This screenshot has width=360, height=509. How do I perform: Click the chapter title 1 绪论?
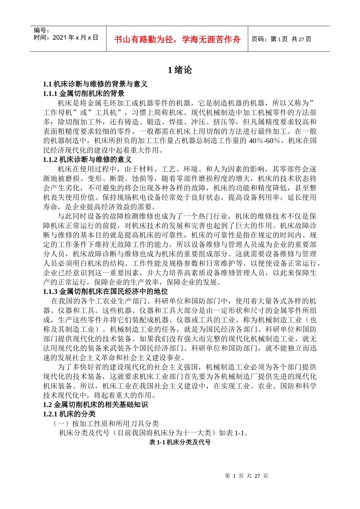tap(180, 70)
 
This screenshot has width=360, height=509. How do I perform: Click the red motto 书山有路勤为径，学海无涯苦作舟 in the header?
tap(177, 39)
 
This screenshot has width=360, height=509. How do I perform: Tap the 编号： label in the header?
tap(42, 30)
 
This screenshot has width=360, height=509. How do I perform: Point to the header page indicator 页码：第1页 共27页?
tap(281, 39)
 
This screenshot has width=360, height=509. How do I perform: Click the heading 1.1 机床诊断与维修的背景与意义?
tap(95, 84)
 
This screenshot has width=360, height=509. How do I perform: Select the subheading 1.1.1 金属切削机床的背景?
tap(83, 94)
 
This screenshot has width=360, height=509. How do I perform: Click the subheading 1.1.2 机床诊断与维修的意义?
tap(87, 159)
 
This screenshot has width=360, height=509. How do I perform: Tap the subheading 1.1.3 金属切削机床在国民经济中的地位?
tap(105, 292)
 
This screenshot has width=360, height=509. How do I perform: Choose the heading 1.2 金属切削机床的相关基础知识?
tap(95, 405)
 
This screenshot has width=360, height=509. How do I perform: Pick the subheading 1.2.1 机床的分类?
tap(69, 414)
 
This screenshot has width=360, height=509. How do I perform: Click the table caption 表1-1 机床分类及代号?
tap(180, 442)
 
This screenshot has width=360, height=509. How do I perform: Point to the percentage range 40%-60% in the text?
tap(265, 141)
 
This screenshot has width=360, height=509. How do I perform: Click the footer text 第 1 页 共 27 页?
tap(246, 476)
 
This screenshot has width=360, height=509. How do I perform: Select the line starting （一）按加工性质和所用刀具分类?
tap(106, 424)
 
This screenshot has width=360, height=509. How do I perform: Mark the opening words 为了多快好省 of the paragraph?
tap(80, 367)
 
